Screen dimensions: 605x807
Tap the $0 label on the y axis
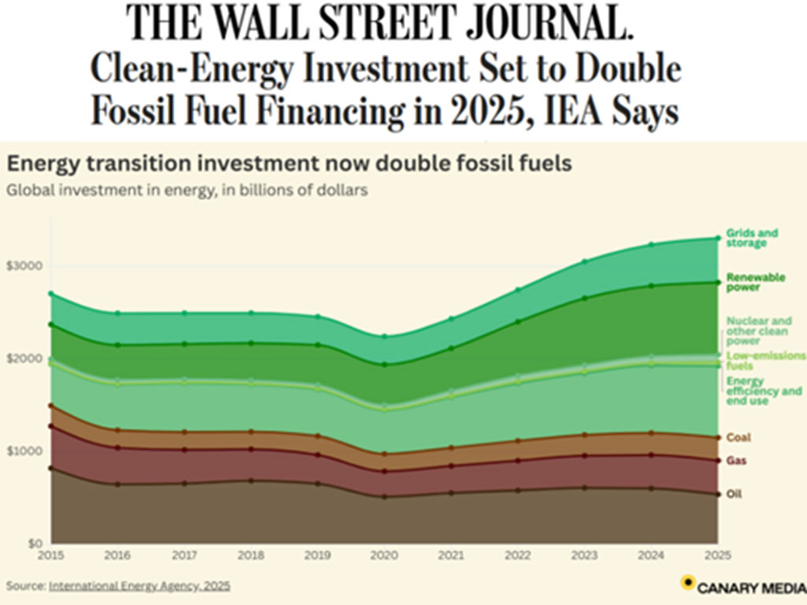(32, 544)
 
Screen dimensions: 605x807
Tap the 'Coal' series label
(738, 437)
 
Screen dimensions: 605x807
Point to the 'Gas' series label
(736, 460)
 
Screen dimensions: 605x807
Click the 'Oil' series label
(734, 494)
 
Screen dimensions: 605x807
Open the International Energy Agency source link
(139, 586)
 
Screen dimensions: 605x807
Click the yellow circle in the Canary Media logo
(687, 583)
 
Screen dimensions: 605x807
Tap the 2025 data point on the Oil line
(717, 494)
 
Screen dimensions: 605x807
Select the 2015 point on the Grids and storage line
(51, 294)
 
